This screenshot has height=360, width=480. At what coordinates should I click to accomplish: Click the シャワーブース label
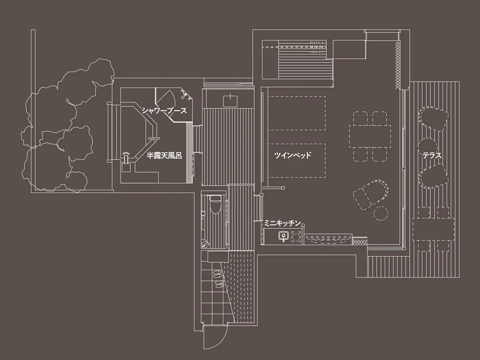pos(164,111)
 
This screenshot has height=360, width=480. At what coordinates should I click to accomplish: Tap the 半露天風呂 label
pos(164,156)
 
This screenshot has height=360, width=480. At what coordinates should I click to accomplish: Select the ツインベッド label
pos(293,155)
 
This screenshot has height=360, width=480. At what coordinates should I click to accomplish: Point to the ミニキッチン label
pos(282,223)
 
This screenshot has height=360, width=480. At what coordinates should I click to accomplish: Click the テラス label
pos(432,156)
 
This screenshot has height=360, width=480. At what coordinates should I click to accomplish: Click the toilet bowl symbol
pos(215,204)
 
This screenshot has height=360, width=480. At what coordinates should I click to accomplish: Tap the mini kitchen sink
pos(283,236)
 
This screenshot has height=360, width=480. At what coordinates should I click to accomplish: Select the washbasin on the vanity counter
pos(230,101)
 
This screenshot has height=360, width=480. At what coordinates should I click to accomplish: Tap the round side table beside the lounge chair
pos(381,213)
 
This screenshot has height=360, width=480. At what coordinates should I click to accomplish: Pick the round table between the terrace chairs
pos(428,146)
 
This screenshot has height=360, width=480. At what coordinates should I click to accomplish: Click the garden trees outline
pos(67,126)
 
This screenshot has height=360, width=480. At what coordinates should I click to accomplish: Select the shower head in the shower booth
pos(185,95)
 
